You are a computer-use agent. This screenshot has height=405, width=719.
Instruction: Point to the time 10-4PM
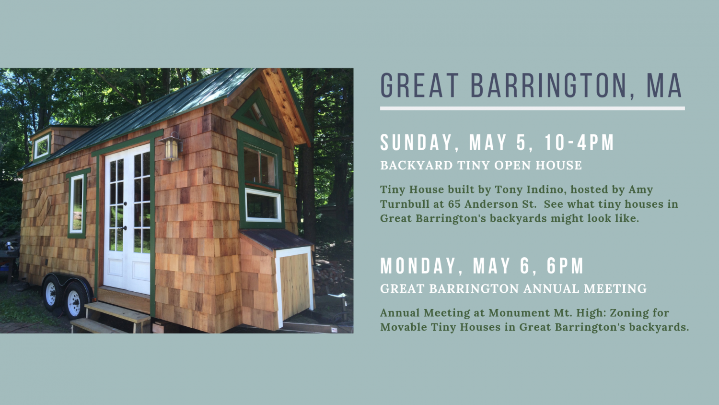coord(579,143)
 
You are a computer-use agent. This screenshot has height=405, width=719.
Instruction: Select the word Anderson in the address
coord(494,204)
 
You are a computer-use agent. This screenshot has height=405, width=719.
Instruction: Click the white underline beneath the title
coord(532,108)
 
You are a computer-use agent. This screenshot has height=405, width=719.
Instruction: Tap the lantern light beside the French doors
coord(172,147)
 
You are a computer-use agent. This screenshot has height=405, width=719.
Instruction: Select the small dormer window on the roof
coord(42,146)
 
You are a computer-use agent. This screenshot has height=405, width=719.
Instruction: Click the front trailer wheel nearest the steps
coord(74,300)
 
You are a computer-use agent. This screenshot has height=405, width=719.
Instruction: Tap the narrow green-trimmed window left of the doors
coord(77,203)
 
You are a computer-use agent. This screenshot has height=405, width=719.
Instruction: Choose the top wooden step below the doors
coord(117,311)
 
